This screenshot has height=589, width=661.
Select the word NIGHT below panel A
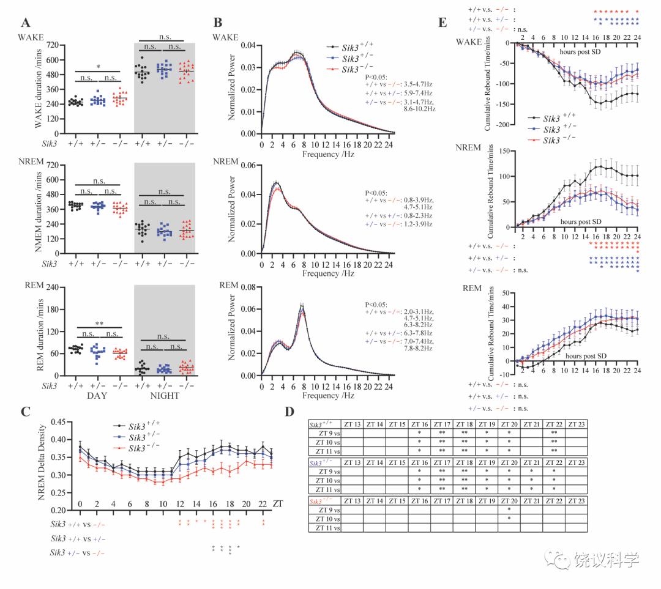165,396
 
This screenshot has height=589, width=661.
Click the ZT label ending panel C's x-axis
278,504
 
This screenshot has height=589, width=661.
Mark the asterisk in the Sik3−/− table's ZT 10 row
509,518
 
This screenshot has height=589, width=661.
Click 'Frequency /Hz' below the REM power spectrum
328,396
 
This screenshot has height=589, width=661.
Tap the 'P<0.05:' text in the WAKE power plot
374,77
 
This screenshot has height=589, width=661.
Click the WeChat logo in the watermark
559,558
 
